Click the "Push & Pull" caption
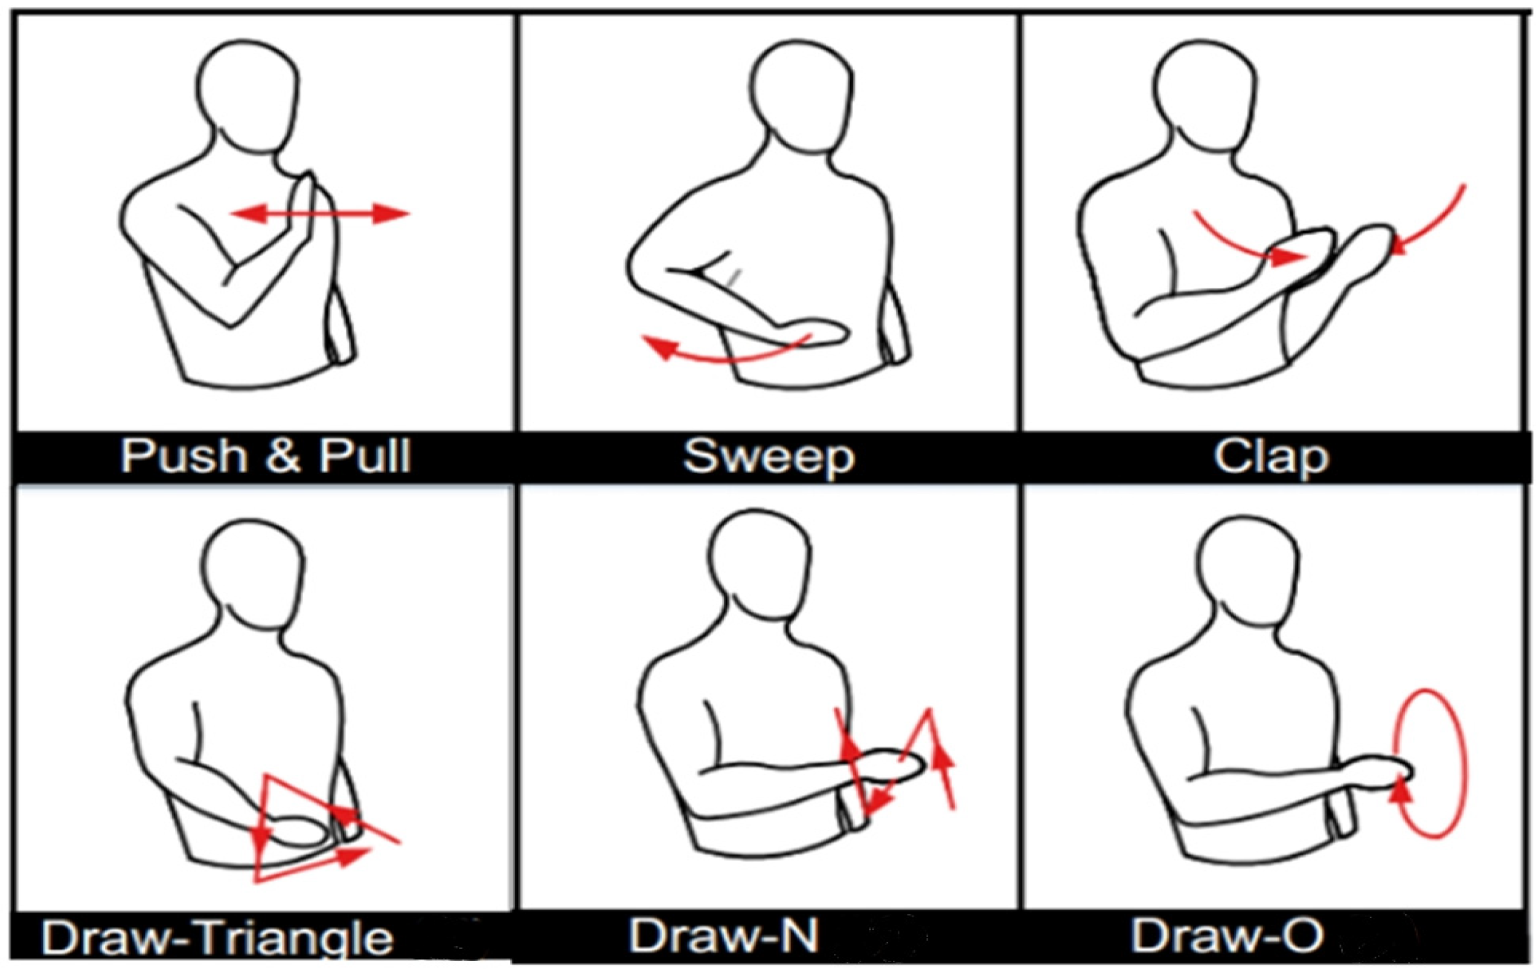(266, 456)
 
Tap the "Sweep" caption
(769, 457)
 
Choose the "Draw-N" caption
(723, 936)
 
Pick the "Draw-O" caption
(1228, 936)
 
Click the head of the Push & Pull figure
(248, 95)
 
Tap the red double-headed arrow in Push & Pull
(319, 214)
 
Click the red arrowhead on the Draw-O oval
(1400, 795)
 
